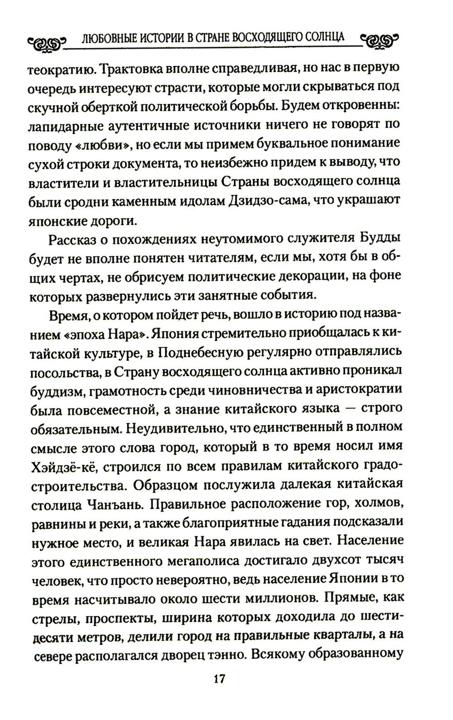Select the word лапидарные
tap(65, 125)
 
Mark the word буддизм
tap(53, 390)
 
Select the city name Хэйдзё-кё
tap(58, 466)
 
